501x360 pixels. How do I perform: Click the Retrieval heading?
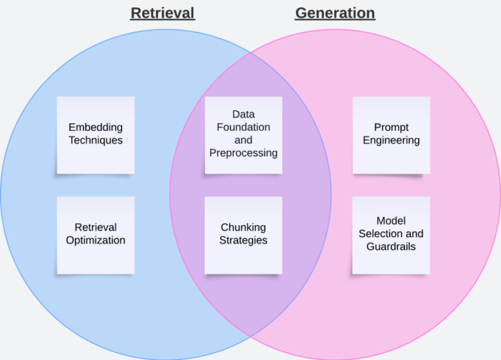pos(162,13)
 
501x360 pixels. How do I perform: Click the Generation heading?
pos(335,13)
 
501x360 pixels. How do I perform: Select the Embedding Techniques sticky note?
pos(96,135)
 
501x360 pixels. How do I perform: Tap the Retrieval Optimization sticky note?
pos(96,234)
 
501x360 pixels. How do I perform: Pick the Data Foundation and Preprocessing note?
pos(243,135)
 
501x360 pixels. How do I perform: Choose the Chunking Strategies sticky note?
pos(243,234)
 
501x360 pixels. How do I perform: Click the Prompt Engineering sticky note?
pos(391,135)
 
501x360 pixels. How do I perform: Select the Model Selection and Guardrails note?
pos(391,234)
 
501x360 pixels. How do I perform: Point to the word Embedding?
pos(96,128)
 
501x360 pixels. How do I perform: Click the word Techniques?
pos(96,140)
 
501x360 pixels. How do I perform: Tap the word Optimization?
pos(96,240)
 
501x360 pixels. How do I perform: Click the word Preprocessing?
pos(243,153)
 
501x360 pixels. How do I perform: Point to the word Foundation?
pos(243,128)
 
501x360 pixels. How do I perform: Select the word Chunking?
pos(243,228)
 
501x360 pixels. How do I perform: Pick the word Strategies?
pos(243,240)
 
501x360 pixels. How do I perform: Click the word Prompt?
pos(391,128)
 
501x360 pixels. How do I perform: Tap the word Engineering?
pos(391,140)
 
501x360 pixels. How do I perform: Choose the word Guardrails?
pos(391,246)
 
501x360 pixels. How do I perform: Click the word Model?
pos(391,221)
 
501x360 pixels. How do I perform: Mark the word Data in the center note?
pos(243,115)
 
